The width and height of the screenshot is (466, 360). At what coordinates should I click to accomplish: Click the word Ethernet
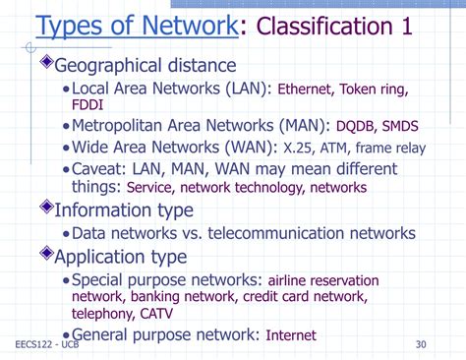[x=309, y=90]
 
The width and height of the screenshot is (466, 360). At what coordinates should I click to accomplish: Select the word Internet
[x=291, y=335]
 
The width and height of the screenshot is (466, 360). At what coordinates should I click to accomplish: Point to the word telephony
[x=103, y=315]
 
